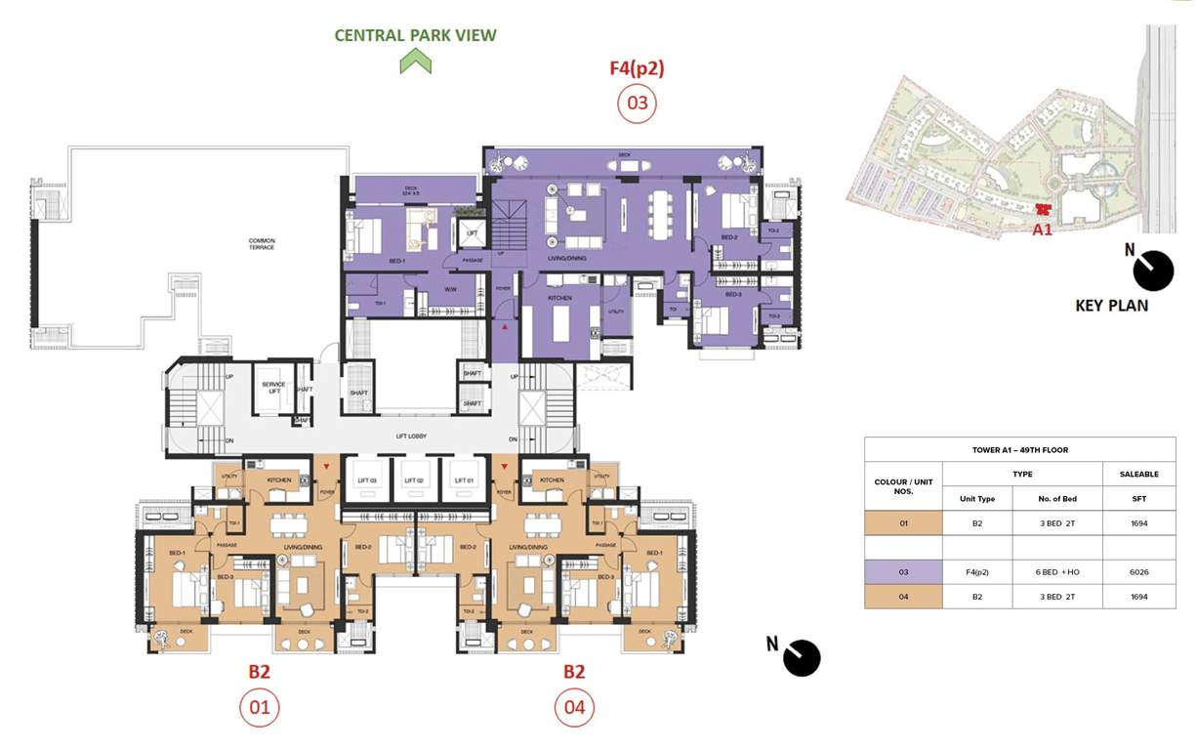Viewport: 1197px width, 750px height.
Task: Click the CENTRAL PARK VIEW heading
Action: tap(415, 35)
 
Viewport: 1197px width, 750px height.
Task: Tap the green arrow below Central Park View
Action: tap(415, 62)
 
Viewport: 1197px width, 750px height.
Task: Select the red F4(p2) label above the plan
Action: tap(637, 69)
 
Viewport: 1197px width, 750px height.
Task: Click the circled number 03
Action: tap(637, 104)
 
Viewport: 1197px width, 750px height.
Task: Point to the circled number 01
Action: tap(259, 707)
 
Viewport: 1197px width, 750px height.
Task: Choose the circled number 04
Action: tap(574, 707)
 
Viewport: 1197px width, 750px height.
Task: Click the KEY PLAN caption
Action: tap(1111, 305)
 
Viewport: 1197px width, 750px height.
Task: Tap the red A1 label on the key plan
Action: tap(1043, 230)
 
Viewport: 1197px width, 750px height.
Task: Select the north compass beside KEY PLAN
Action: tap(1153, 271)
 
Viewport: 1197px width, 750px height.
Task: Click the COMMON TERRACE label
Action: tap(261, 244)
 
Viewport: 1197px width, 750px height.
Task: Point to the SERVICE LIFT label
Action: tap(273, 388)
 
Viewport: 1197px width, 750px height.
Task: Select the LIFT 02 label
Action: tap(413, 481)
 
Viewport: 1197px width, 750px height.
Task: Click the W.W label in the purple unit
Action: tap(451, 289)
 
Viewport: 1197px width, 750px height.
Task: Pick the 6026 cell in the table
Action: tap(1138, 571)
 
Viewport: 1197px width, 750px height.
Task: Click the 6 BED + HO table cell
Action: tap(1056, 571)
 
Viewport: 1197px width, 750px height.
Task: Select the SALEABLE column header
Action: tap(1138, 474)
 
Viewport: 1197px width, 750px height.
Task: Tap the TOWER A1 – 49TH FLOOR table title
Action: tap(1019, 449)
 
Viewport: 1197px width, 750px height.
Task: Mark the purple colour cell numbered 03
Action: tap(903, 571)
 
